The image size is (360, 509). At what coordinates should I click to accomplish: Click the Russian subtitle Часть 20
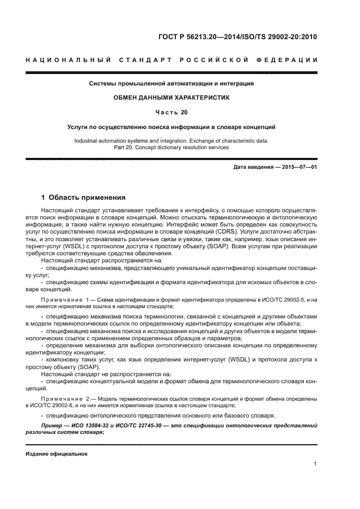172,112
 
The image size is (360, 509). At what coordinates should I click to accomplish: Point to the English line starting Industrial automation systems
172,140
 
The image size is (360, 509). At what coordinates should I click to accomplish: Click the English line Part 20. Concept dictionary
172,147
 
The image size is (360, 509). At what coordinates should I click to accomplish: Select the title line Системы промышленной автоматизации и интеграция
172,83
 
